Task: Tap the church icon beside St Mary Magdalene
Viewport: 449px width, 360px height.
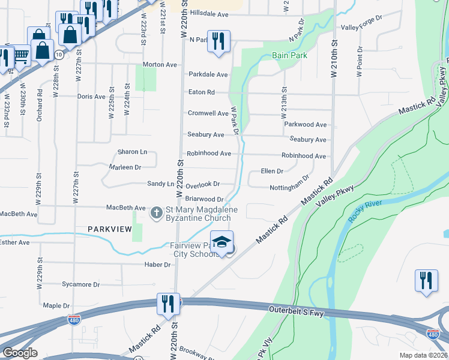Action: [x=156, y=212]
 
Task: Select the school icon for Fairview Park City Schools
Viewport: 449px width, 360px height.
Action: [x=221, y=242]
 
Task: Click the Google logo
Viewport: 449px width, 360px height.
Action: [x=20, y=353]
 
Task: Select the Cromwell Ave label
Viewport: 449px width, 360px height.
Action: [x=208, y=113]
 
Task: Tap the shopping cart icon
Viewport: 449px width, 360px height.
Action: [x=21, y=56]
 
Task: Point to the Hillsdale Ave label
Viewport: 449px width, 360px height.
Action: [x=209, y=13]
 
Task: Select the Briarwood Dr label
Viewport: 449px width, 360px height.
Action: [x=204, y=199]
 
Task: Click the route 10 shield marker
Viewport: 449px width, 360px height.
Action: [x=58, y=55]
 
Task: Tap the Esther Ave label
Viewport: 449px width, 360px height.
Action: [x=14, y=242]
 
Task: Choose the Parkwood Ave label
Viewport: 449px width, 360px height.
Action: [x=305, y=125]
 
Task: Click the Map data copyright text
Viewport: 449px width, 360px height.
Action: [x=423, y=355]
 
